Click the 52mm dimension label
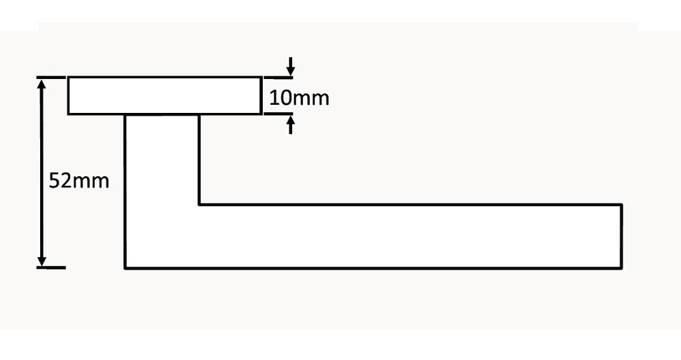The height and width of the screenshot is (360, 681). [79, 182]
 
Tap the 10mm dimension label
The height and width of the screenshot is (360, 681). [299, 98]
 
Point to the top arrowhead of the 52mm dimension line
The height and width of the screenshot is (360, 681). [42, 82]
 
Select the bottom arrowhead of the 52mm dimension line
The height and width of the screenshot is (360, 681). [42, 261]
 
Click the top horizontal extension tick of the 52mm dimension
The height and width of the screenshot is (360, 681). [51, 78]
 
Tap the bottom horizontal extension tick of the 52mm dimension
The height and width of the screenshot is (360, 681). [51, 267]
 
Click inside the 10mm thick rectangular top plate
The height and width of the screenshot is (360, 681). [164, 96]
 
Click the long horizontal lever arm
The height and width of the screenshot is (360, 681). [409, 236]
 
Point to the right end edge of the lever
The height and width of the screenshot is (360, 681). [622, 236]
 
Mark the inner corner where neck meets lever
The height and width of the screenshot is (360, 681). [199, 204]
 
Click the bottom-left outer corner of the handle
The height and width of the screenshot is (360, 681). [125, 267]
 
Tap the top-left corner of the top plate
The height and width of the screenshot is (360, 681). [68, 78]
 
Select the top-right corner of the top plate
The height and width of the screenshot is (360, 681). [262, 78]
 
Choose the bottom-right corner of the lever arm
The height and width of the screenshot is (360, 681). [622, 267]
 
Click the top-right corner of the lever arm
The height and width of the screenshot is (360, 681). [622, 204]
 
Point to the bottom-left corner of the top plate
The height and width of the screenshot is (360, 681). [68, 114]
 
